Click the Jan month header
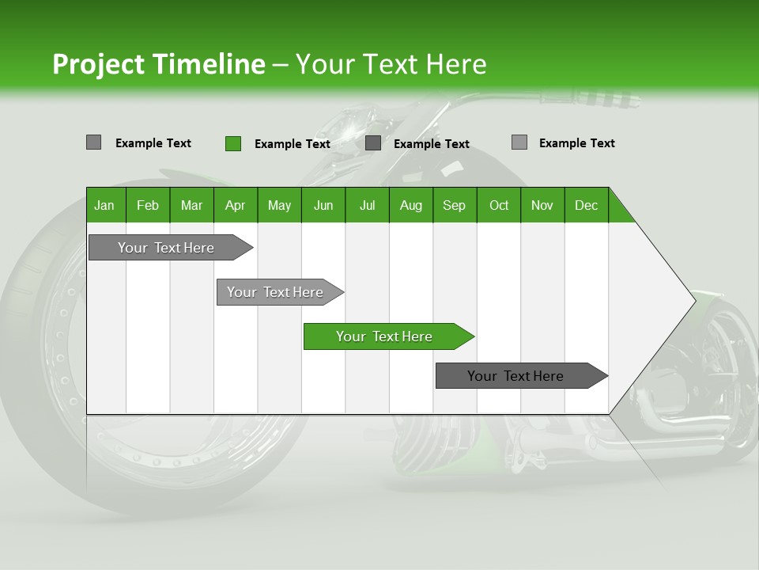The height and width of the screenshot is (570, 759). [x=104, y=205]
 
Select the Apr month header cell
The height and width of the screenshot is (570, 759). [x=235, y=205]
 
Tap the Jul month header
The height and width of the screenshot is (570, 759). [x=367, y=205]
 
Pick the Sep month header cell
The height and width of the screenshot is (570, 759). [x=454, y=205]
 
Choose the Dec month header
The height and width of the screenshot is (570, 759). [x=586, y=205]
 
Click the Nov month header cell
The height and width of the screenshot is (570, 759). [x=542, y=205]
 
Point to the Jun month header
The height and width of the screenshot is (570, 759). [x=323, y=205]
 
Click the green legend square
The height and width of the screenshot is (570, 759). [x=232, y=143]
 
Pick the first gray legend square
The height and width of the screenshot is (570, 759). [x=93, y=142]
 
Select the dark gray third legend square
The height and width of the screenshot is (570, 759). [x=373, y=143]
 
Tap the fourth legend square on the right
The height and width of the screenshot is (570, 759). [x=519, y=142]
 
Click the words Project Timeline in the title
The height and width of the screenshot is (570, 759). [x=158, y=64]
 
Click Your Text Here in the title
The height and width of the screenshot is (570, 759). [x=391, y=64]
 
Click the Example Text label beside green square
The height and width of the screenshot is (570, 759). [x=292, y=144]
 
